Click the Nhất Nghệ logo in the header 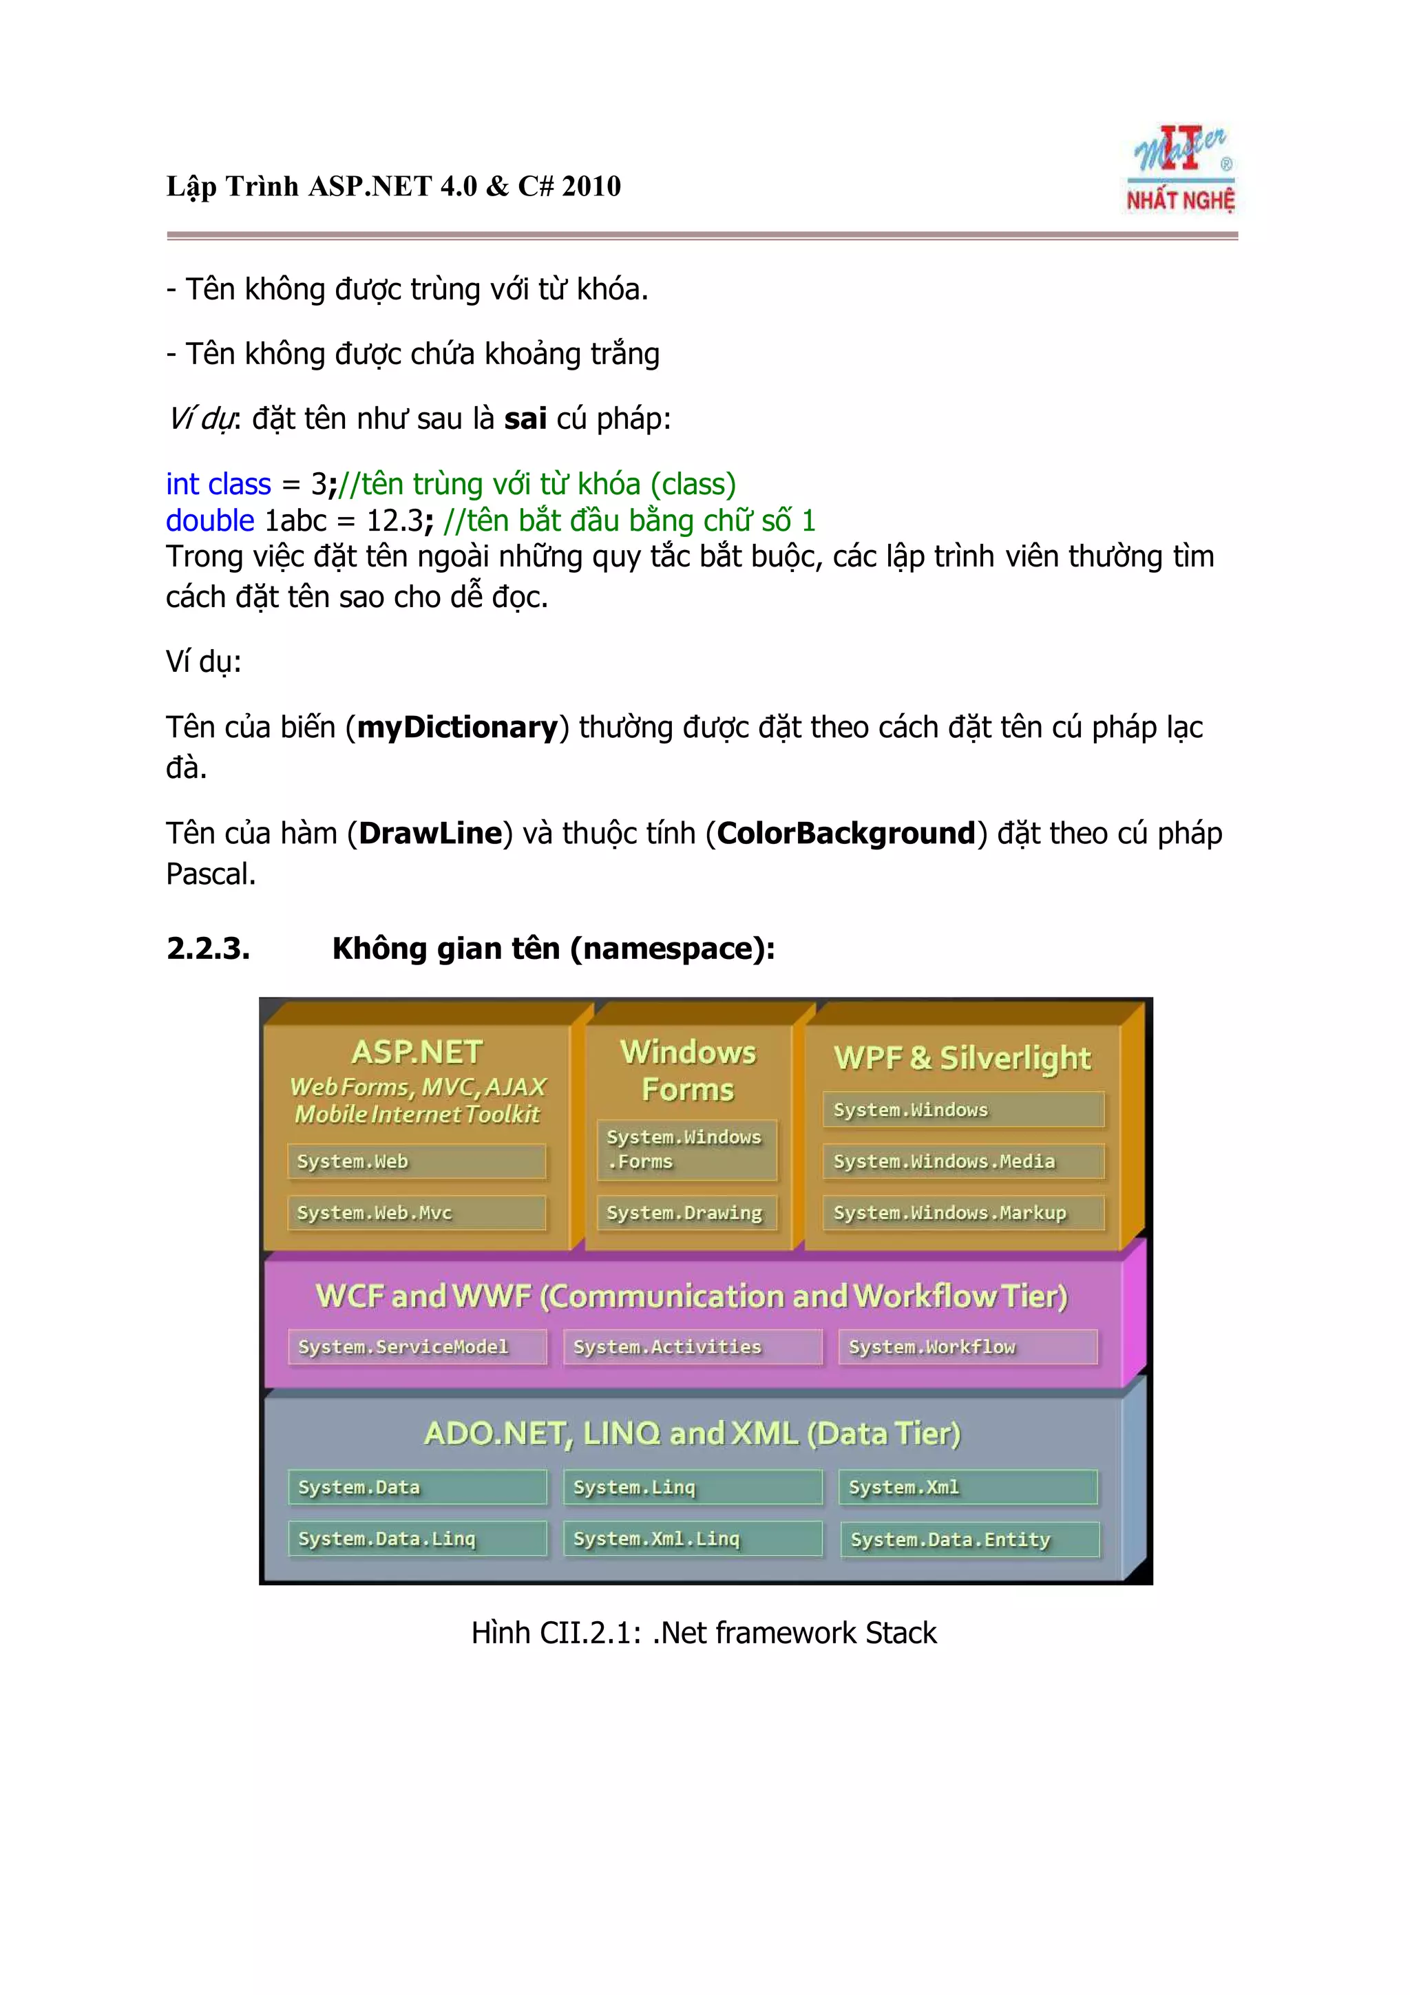pyautogui.click(x=1181, y=170)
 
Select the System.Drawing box pyautogui.click(x=686, y=1213)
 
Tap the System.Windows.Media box pyautogui.click(x=962, y=1162)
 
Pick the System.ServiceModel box pyautogui.click(x=417, y=1347)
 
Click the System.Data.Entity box pyautogui.click(x=969, y=1540)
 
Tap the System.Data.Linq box pyautogui.click(x=417, y=1539)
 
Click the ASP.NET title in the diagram pyautogui.click(x=417, y=1053)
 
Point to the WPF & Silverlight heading pyautogui.click(x=962, y=1058)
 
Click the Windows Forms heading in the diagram pyautogui.click(x=688, y=1070)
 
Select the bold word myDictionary pyautogui.click(x=457, y=727)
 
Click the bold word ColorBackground pyautogui.click(x=845, y=833)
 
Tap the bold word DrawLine pyautogui.click(x=430, y=833)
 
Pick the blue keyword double pyautogui.click(x=210, y=520)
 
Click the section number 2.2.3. pyautogui.click(x=208, y=948)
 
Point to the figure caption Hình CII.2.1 pyautogui.click(x=704, y=1633)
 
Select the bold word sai pyautogui.click(x=525, y=419)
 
